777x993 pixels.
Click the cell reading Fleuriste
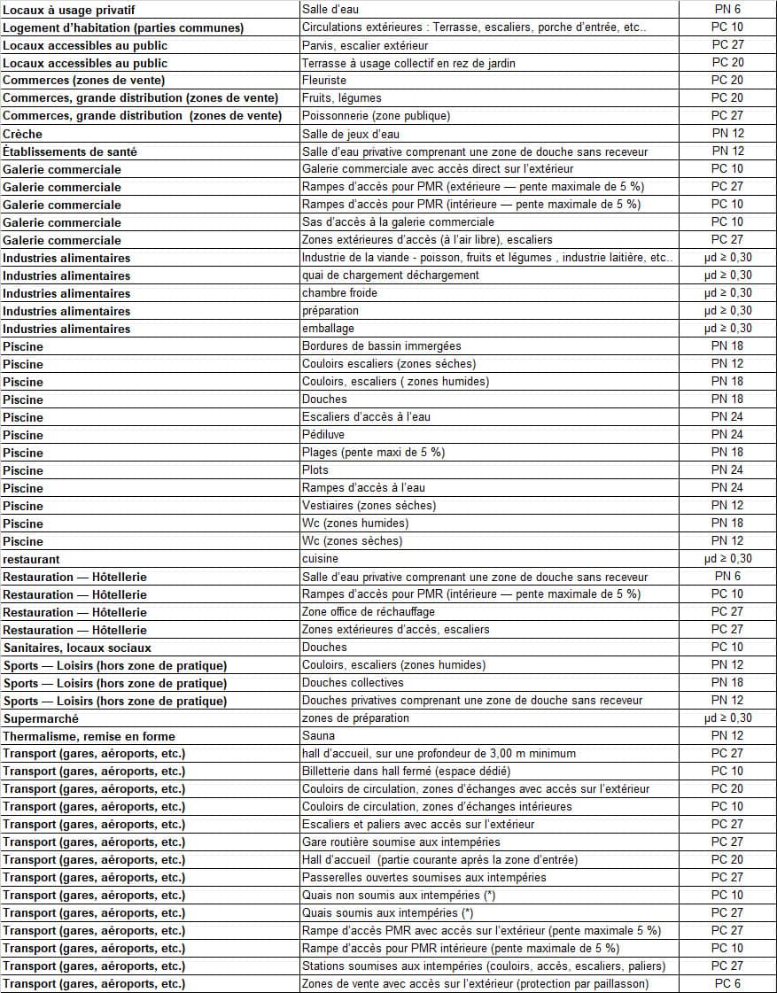pos(325,81)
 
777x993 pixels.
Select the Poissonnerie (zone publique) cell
pos(376,116)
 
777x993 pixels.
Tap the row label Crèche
pos(23,134)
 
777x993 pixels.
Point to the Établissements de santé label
pos(70,151)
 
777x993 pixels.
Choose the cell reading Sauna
pos(318,736)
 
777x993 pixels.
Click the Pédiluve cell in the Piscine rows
pos(323,435)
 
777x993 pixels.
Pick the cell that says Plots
pos(315,470)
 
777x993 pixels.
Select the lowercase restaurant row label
pos(32,559)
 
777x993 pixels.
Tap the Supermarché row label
pos(41,718)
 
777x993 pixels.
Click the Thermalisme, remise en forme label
pos(89,736)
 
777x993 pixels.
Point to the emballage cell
pos(328,329)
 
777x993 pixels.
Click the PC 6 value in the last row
pos(727,984)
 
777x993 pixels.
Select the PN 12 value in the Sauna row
pos(727,736)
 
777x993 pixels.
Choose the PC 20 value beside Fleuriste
pos(727,81)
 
